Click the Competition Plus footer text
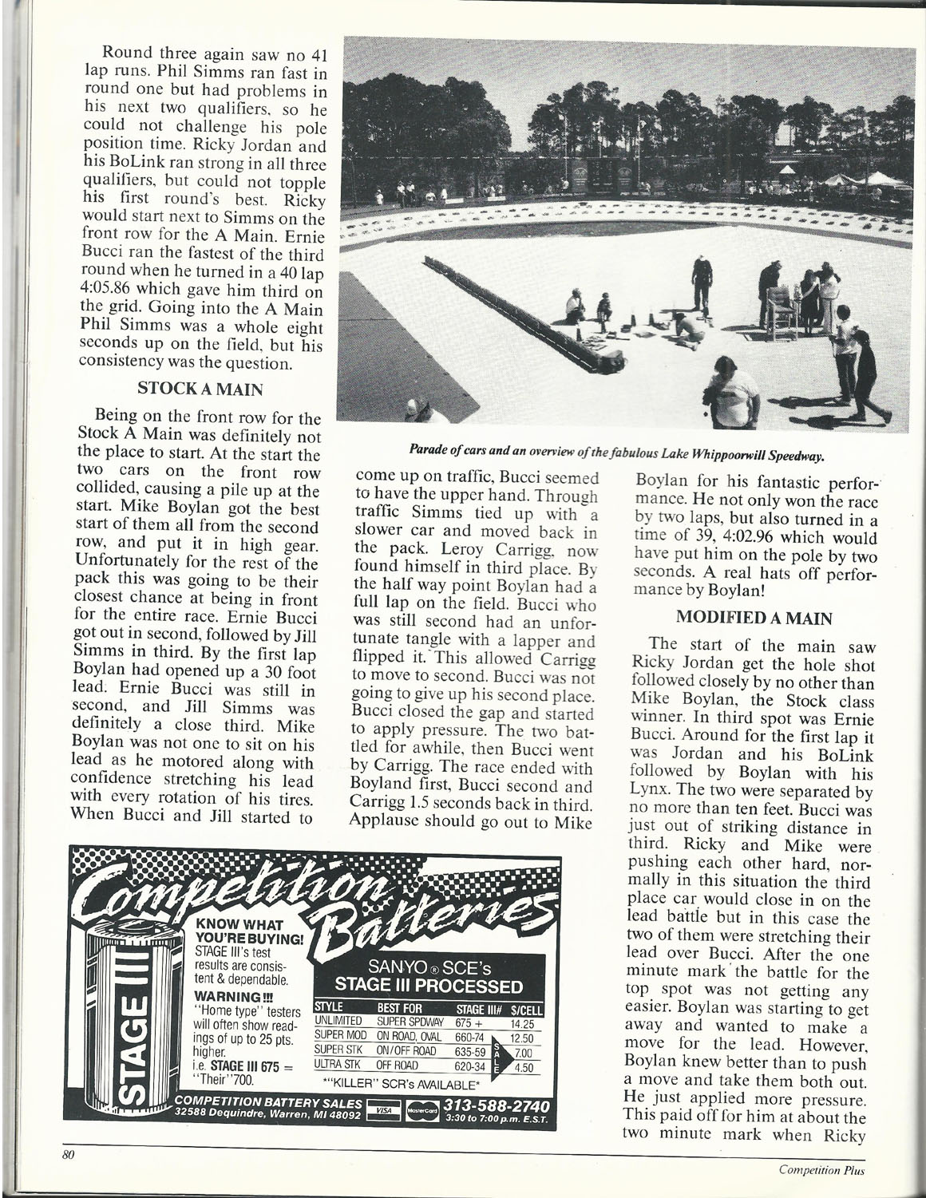(x=821, y=1171)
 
